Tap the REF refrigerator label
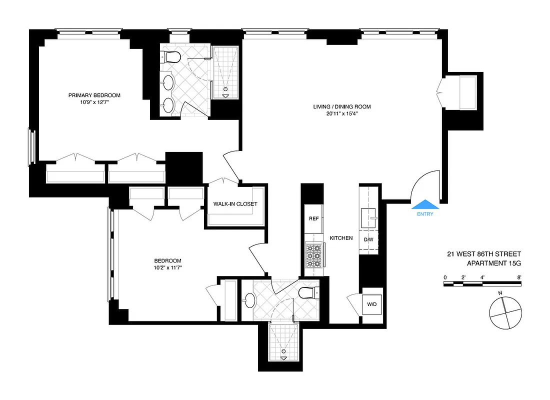tap(313, 218)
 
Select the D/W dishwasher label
tap(369, 239)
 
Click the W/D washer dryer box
tap(372, 303)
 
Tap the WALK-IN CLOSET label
tap(235, 204)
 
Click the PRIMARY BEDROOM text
tap(94, 95)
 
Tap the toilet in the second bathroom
tap(306, 293)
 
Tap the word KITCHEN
tap(341, 238)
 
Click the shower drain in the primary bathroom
tap(225, 89)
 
